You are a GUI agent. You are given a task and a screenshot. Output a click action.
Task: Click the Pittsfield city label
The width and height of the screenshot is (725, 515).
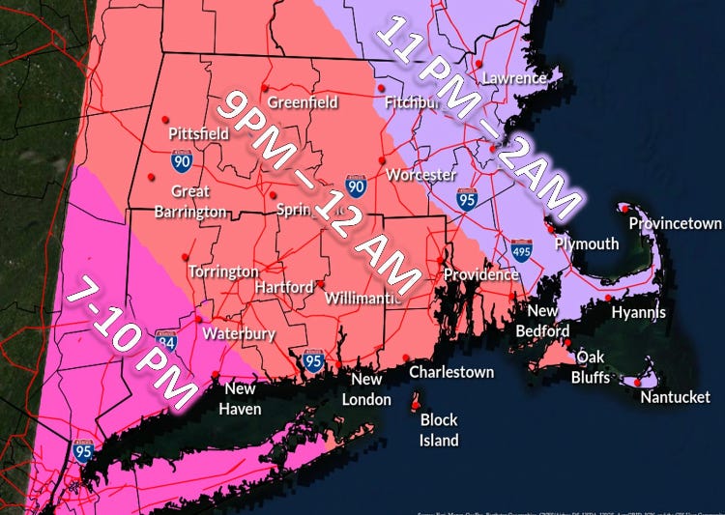click(x=198, y=133)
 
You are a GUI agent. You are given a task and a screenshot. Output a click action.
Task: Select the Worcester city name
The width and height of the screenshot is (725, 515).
click(x=420, y=175)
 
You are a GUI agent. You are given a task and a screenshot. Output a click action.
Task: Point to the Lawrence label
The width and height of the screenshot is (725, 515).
click(x=514, y=77)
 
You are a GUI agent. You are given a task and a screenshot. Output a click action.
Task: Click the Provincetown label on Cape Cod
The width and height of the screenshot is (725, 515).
click(x=675, y=223)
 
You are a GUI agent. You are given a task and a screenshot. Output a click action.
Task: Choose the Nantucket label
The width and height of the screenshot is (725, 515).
click(x=675, y=397)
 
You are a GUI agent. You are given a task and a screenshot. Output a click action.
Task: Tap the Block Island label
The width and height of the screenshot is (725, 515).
click(x=439, y=430)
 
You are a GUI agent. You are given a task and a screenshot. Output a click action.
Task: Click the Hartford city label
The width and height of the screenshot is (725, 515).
click(x=284, y=287)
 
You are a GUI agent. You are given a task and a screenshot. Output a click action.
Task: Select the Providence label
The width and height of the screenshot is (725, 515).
click(x=481, y=274)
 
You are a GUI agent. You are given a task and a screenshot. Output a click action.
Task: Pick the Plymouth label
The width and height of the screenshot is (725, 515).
click(x=587, y=243)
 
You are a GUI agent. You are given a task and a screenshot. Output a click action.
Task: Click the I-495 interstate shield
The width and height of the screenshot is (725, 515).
click(x=522, y=250)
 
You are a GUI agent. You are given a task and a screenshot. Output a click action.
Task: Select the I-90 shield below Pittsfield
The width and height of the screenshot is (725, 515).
click(x=182, y=160)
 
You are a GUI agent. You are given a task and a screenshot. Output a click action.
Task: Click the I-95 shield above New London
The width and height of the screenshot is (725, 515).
click(x=313, y=360)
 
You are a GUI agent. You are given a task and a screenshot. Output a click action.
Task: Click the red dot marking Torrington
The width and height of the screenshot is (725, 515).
click(x=185, y=256)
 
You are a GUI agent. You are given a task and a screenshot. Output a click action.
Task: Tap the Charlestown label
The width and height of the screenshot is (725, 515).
click(x=451, y=372)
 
